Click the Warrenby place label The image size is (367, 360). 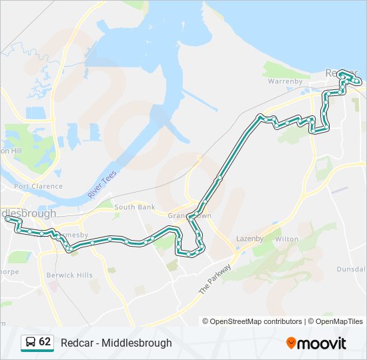285,81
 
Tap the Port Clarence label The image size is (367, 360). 38,186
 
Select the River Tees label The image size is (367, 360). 102,183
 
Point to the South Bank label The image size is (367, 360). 135,207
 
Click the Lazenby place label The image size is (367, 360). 250,238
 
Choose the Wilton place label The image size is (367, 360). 286,238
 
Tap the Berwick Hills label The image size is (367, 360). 69,275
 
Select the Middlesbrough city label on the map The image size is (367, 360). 29,213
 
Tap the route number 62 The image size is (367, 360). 45,342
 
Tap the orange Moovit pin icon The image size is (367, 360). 292,343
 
